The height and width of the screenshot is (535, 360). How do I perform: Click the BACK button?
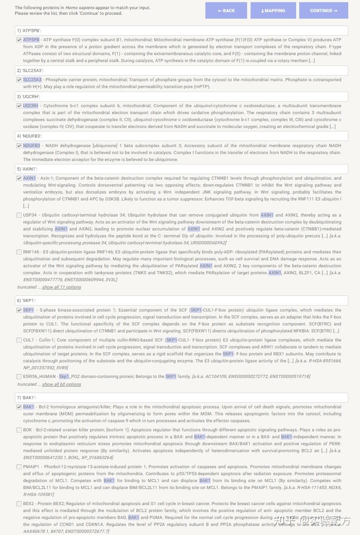[x=226, y=10]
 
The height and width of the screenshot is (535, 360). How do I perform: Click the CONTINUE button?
[x=324, y=10]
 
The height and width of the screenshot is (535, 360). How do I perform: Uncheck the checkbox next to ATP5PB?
[x=19, y=40]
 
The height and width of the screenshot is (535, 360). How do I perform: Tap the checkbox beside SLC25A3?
[x=19, y=80]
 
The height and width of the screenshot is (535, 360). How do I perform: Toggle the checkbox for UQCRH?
[x=19, y=106]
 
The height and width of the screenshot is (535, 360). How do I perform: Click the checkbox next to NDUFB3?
[x=19, y=146]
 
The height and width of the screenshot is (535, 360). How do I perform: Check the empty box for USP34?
[x=19, y=215]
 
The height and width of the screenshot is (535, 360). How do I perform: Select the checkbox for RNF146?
[x=19, y=252]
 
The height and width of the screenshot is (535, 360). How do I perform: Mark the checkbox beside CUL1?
[x=19, y=340]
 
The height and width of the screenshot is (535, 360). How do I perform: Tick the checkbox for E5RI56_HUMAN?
[x=19, y=377]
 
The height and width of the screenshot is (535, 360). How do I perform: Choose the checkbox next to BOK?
[x=19, y=430]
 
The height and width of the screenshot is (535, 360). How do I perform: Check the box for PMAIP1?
[x=19, y=467]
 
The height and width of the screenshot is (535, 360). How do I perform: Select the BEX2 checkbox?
[x=19, y=504]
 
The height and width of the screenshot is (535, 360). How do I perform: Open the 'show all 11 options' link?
[x=61, y=287]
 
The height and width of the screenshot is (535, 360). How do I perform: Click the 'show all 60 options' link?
[x=61, y=384]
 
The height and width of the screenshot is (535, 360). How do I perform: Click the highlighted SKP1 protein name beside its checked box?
[x=28, y=310]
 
